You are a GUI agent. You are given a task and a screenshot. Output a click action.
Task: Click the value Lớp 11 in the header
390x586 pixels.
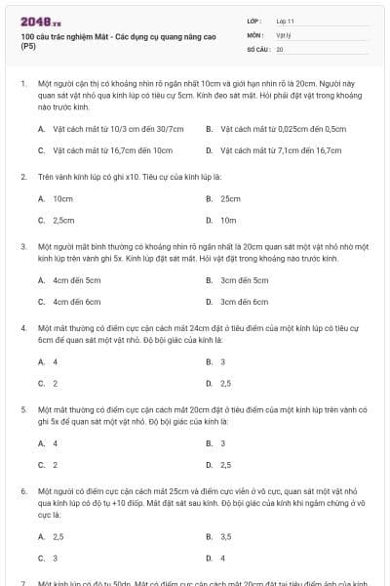pos(286,20)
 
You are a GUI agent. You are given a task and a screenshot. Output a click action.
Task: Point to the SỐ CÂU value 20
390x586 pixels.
pos(280,49)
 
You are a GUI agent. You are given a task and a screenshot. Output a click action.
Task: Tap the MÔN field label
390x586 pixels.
pos(255,34)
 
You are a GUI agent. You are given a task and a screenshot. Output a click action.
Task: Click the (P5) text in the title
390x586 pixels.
pos(27,45)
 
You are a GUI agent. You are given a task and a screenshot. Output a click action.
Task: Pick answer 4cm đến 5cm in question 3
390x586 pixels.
pos(76,280)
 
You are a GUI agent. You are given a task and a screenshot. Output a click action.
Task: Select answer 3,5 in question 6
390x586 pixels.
pos(225,536)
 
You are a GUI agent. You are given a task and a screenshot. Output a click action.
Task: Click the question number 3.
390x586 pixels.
pos(22,247)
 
